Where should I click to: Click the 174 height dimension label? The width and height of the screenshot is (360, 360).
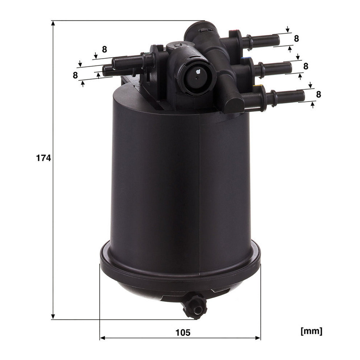click(x=43, y=158)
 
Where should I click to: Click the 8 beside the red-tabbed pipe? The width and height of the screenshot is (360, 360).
click(x=296, y=38)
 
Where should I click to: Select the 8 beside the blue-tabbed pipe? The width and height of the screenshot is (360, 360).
click(x=306, y=66)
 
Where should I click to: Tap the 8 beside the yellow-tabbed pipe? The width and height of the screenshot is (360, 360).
click(x=319, y=94)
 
